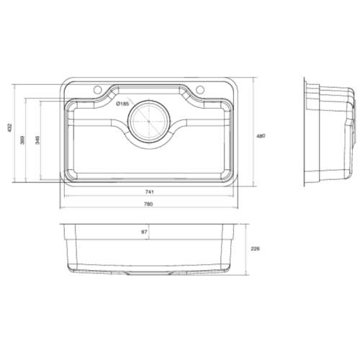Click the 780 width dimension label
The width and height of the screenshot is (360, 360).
point(148,204)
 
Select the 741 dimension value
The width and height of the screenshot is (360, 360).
point(149,192)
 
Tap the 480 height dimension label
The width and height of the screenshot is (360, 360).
point(261,136)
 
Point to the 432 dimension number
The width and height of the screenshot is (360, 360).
point(9,128)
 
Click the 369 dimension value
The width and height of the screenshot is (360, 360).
point(22,140)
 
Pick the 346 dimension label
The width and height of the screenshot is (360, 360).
point(37,140)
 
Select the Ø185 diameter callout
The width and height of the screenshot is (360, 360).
point(122,104)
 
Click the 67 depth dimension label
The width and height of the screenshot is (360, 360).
point(144,232)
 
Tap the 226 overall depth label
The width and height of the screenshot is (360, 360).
point(255,248)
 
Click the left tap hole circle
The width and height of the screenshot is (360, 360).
point(97,89)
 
